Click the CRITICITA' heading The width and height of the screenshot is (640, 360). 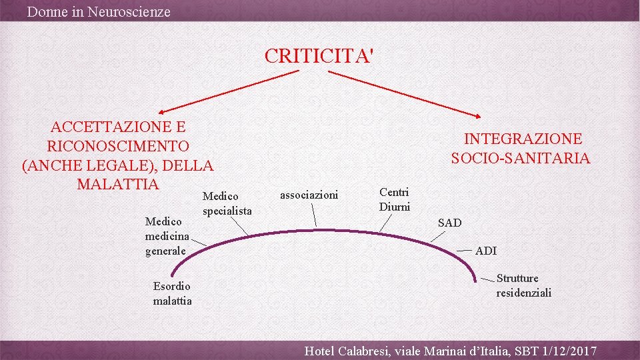pyautogui.click(x=319, y=55)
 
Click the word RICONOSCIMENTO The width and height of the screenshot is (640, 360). pyautogui.click(x=118, y=146)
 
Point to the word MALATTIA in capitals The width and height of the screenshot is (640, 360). pyautogui.click(x=118, y=184)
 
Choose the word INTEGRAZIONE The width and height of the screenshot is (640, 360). pyautogui.click(x=523, y=139)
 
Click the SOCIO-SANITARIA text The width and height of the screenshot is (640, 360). pyautogui.click(x=521, y=158)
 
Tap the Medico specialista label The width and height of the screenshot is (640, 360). pyautogui.click(x=227, y=203)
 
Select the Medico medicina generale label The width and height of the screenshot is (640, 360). pyautogui.click(x=167, y=236)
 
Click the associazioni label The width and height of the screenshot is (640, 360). pyautogui.click(x=309, y=195)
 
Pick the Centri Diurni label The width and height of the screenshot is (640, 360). pyautogui.click(x=395, y=199)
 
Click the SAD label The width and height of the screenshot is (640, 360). pyautogui.click(x=449, y=223)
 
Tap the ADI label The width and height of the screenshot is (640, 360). pyautogui.click(x=486, y=251)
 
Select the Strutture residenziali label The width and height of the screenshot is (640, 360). pyautogui.click(x=523, y=285)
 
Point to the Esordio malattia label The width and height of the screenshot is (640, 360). pyautogui.click(x=172, y=293)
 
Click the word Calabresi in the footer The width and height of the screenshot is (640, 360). pyautogui.click(x=365, y=351)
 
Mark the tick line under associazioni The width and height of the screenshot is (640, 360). pyautogui.click(x=314, y=217)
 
